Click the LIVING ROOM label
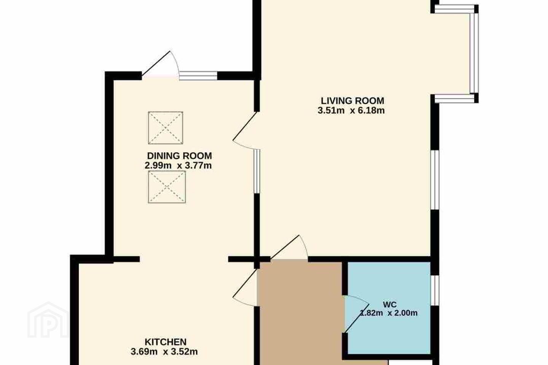click(352, 101)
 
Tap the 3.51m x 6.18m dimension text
click(351, 111)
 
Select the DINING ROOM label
click(179, 156)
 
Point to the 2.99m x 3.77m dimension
click(178, 165)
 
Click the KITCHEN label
click(166, 342)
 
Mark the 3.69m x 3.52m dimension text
click(164, 352)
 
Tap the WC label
click(390, 305)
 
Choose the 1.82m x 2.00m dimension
click(389, 313)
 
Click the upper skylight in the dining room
click(166, 128)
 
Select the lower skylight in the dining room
click(167, 187)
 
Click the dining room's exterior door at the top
click(160, 65)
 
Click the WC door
click(357, 314)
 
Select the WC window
click(435, 291)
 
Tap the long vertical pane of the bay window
click(474, 53)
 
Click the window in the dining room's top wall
click(198, 76)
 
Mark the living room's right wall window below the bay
click(435, 180)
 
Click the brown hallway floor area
click(300, 313)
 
